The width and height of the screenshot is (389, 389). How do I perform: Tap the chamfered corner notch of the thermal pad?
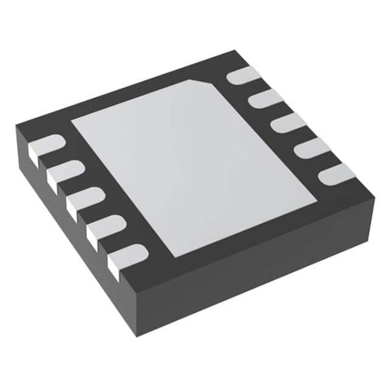(206, 83)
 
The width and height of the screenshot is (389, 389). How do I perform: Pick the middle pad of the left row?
(82, 198)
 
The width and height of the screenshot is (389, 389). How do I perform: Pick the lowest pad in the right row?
(337, 172)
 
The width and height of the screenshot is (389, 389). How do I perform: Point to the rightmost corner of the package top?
(374, 189)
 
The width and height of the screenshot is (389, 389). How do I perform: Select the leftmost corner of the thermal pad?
(70, 122)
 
